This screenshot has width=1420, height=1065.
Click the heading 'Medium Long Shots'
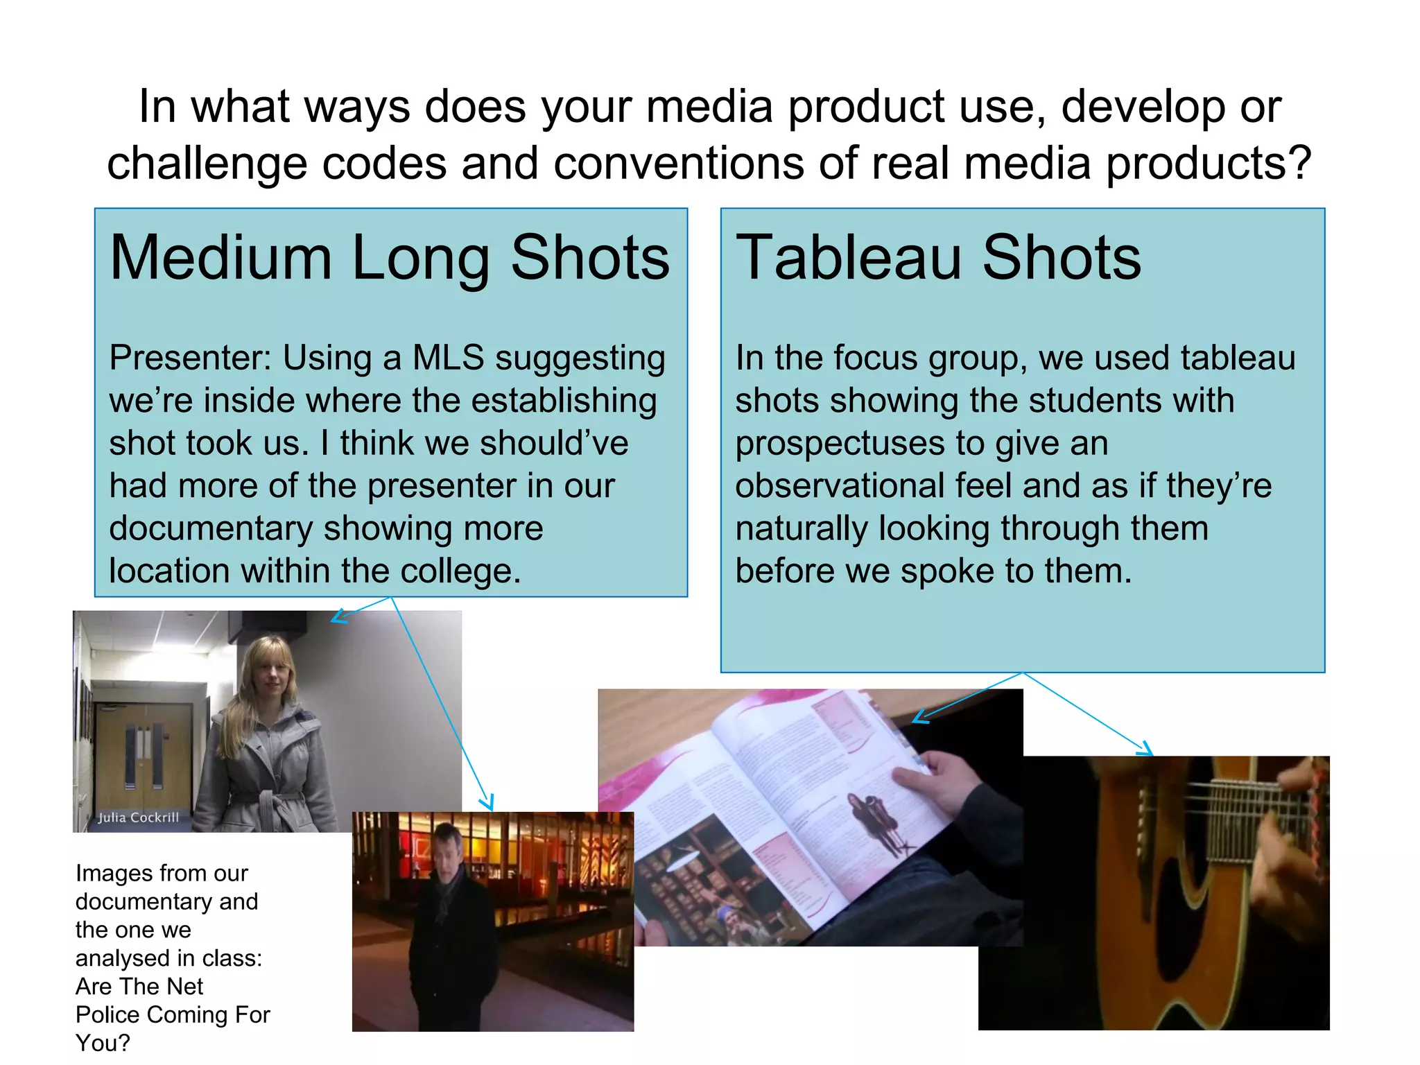tap(390, 258)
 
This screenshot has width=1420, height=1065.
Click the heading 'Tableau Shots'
tap(937, 258)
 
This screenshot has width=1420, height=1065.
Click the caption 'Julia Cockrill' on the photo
tap(138, 817)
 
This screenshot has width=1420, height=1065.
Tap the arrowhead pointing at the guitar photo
tap(1146, 750)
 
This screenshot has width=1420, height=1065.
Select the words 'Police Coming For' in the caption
tap(173, 1015)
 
